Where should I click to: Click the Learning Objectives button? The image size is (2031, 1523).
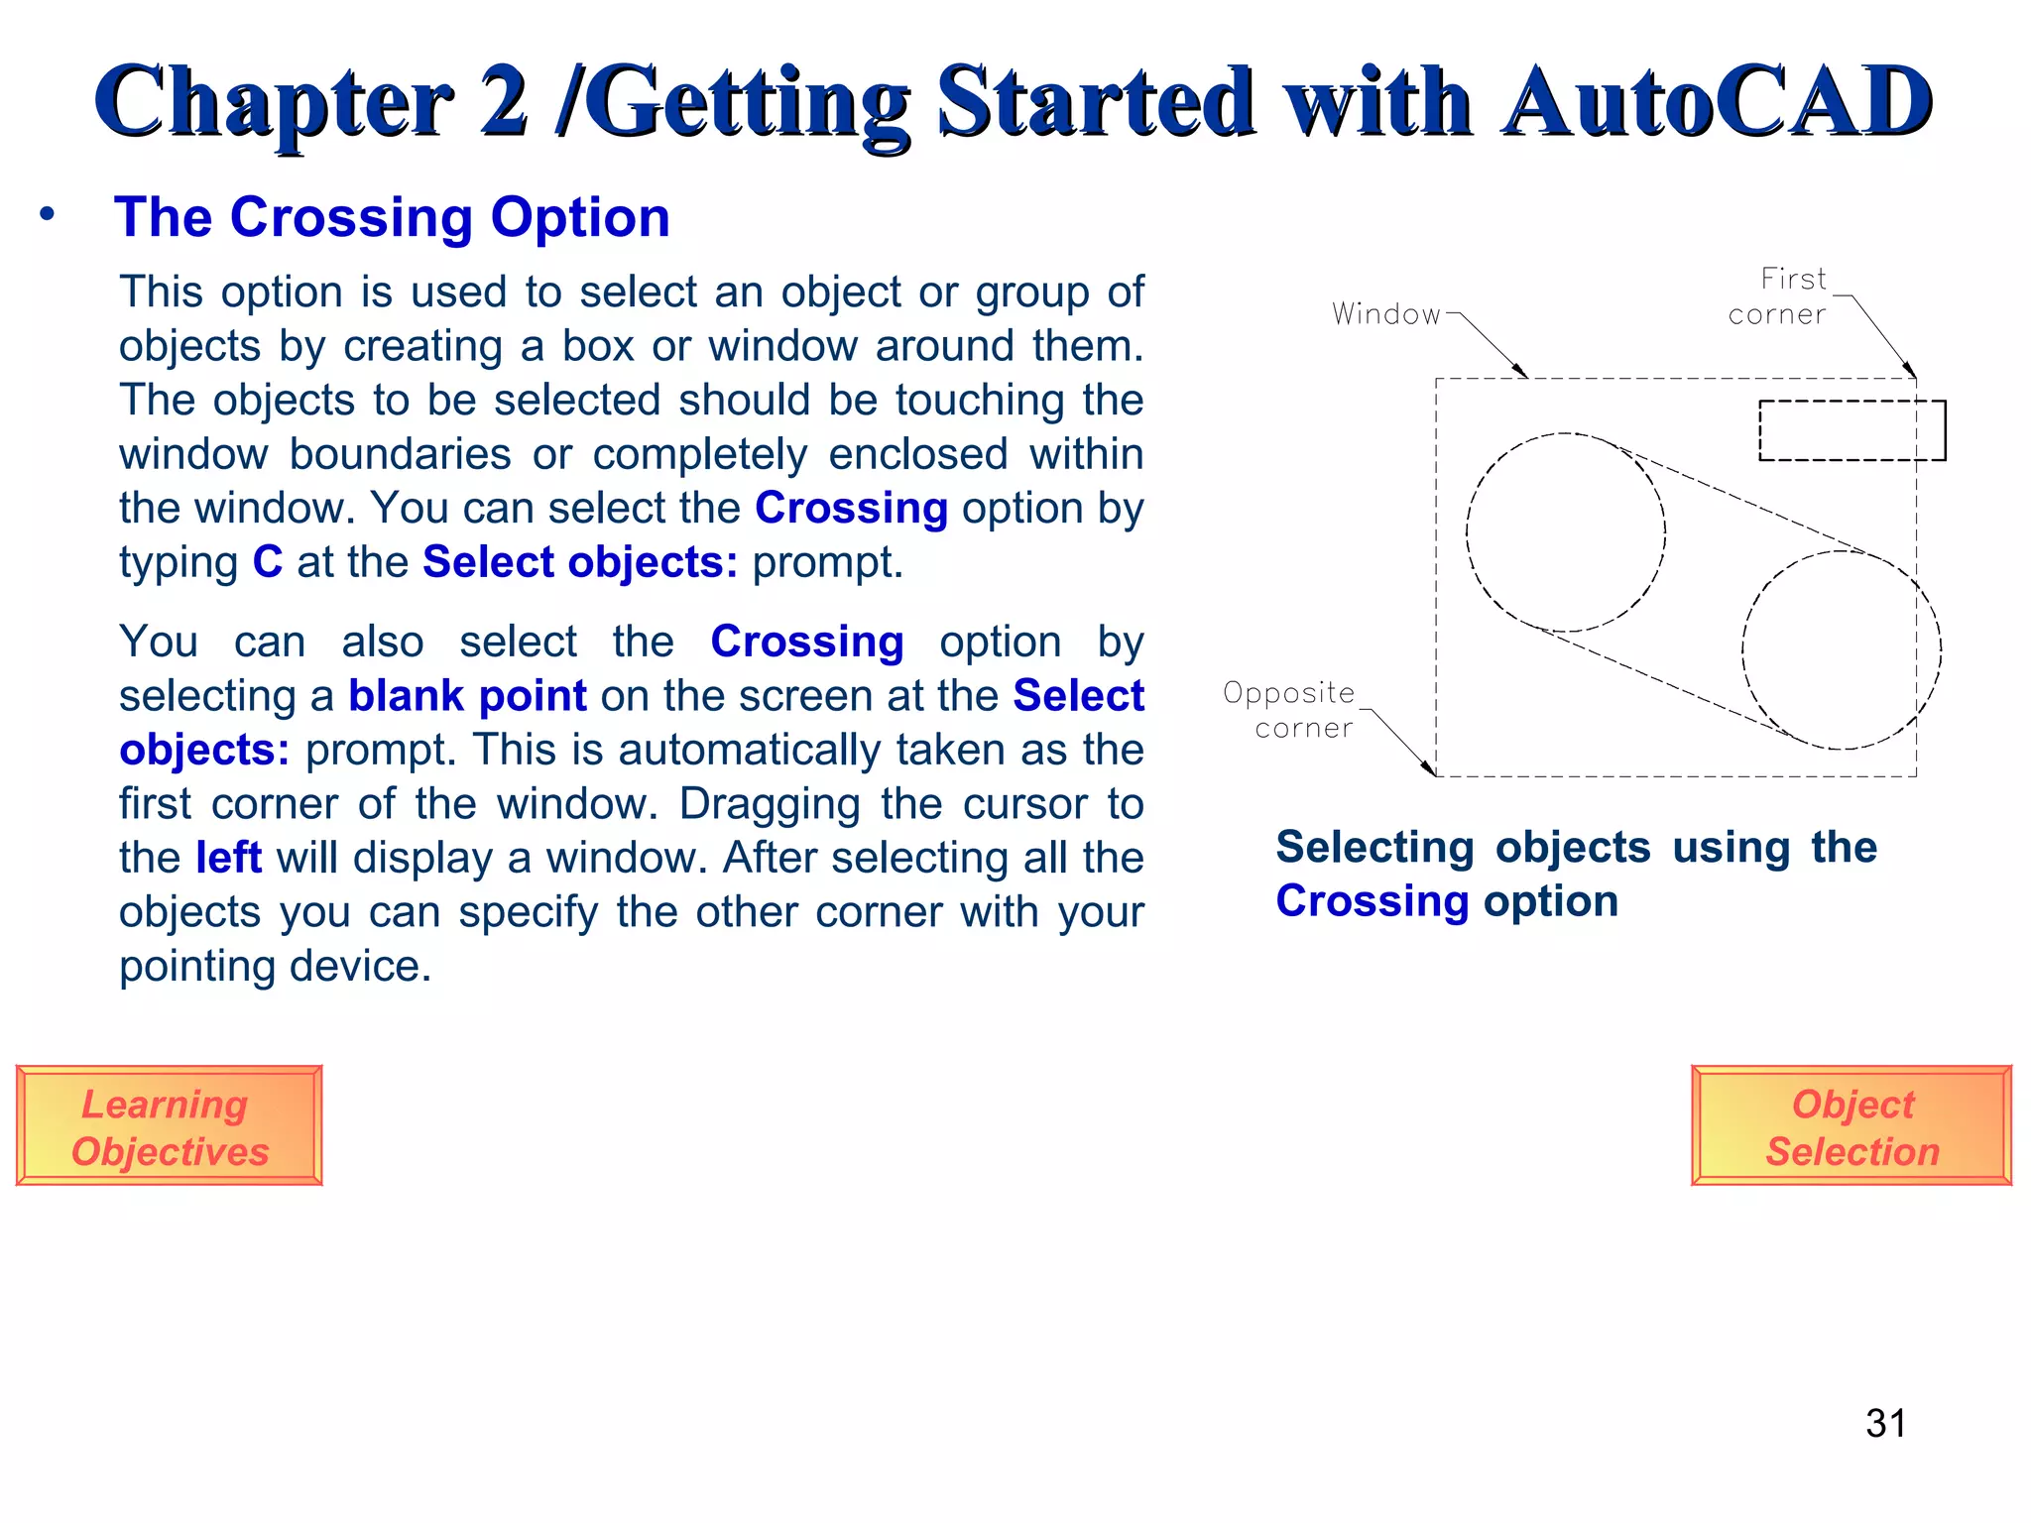click(169, 1126)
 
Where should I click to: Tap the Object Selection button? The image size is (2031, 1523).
click(1851, 1126)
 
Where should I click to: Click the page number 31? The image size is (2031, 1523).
click(1885, 1424)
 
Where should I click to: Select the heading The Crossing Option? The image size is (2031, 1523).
click(392, 217)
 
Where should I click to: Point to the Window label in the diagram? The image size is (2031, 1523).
click(1385, 314)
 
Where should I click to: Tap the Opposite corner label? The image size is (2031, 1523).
click(1289, 710)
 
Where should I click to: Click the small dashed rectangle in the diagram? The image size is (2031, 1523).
click(1851, 430)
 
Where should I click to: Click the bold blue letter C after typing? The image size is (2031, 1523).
click(268, 562)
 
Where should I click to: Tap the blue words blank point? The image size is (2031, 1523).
click(467, 696)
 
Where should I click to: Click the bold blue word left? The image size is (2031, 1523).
click(228, 858)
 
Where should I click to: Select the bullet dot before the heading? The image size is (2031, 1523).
click(47, 213)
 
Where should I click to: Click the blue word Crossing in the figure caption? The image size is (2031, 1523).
click(1372, 901)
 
